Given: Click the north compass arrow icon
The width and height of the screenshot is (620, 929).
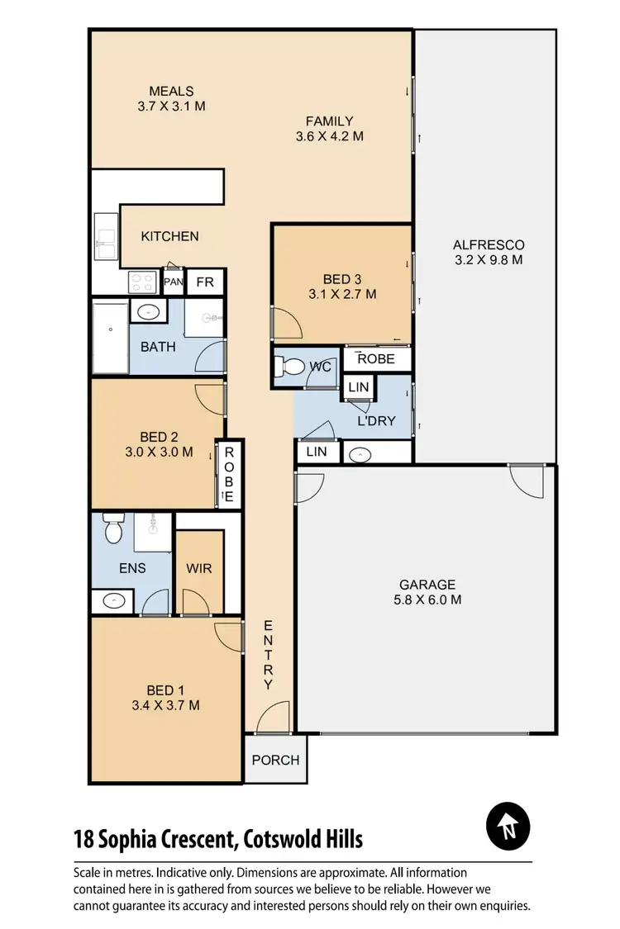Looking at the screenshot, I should pos(508,825).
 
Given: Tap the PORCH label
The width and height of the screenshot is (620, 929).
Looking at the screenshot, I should pos(275,760).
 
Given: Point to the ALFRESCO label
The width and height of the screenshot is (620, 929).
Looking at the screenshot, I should pos(488,244).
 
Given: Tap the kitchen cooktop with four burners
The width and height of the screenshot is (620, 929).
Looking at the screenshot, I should pos(142,282).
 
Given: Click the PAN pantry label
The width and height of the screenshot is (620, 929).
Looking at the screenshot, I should pos(173,282).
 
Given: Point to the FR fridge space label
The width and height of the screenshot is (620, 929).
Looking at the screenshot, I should pos(205,282).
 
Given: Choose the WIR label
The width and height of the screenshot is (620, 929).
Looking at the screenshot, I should pos(199,568).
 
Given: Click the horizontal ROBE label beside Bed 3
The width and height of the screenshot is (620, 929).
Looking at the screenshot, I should pos(375,359).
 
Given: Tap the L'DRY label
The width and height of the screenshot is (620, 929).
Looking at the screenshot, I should pos(376,421).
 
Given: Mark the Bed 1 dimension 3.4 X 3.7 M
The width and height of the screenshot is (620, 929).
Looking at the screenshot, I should pos(165,705).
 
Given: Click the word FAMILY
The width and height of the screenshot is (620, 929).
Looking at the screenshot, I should pos(329,121).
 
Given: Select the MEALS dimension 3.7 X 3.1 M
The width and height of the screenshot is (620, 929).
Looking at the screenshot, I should pos(171,107).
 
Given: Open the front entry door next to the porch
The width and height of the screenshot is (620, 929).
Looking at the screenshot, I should pos(273,718).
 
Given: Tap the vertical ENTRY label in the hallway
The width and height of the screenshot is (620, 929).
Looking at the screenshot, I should pos(268,655).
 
